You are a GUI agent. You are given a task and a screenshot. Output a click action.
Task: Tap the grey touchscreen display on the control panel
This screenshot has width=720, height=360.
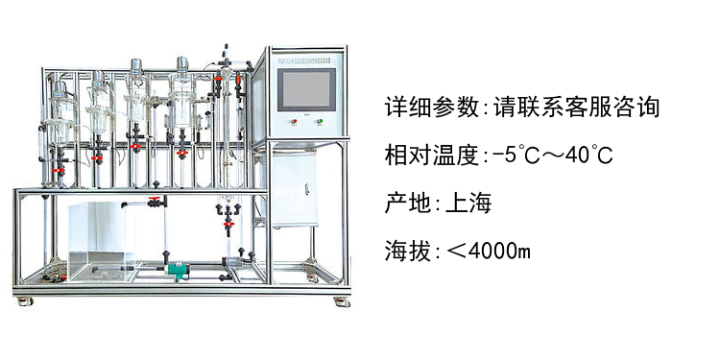coord(306,89)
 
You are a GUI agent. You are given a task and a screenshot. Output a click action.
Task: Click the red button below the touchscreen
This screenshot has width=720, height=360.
coord(294,122)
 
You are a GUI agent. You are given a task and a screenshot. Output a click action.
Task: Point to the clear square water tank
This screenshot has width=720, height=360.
coord(103,241)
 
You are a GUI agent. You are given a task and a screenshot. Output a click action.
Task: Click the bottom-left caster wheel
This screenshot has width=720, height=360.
coord(24,301)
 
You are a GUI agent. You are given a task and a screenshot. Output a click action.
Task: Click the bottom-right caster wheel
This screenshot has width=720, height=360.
coord(342,301)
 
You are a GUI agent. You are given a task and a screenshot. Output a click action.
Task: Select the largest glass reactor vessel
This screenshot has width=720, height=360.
coord(181,104)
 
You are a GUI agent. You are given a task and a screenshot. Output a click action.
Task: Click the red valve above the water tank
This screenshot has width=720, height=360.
coord(153,199)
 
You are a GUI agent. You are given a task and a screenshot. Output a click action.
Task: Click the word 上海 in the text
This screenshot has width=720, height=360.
coord(468,203)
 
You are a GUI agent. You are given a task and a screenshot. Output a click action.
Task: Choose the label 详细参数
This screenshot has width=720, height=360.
coord(431,107)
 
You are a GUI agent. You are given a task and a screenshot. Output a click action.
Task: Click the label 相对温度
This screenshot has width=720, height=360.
coord(431,156)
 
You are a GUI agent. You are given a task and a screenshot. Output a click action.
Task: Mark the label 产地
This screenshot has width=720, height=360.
coord(408,203)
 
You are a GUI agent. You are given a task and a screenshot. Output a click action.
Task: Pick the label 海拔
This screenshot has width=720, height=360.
coord(408,252)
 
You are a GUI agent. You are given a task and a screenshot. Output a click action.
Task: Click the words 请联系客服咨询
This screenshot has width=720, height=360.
coord(576,107)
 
